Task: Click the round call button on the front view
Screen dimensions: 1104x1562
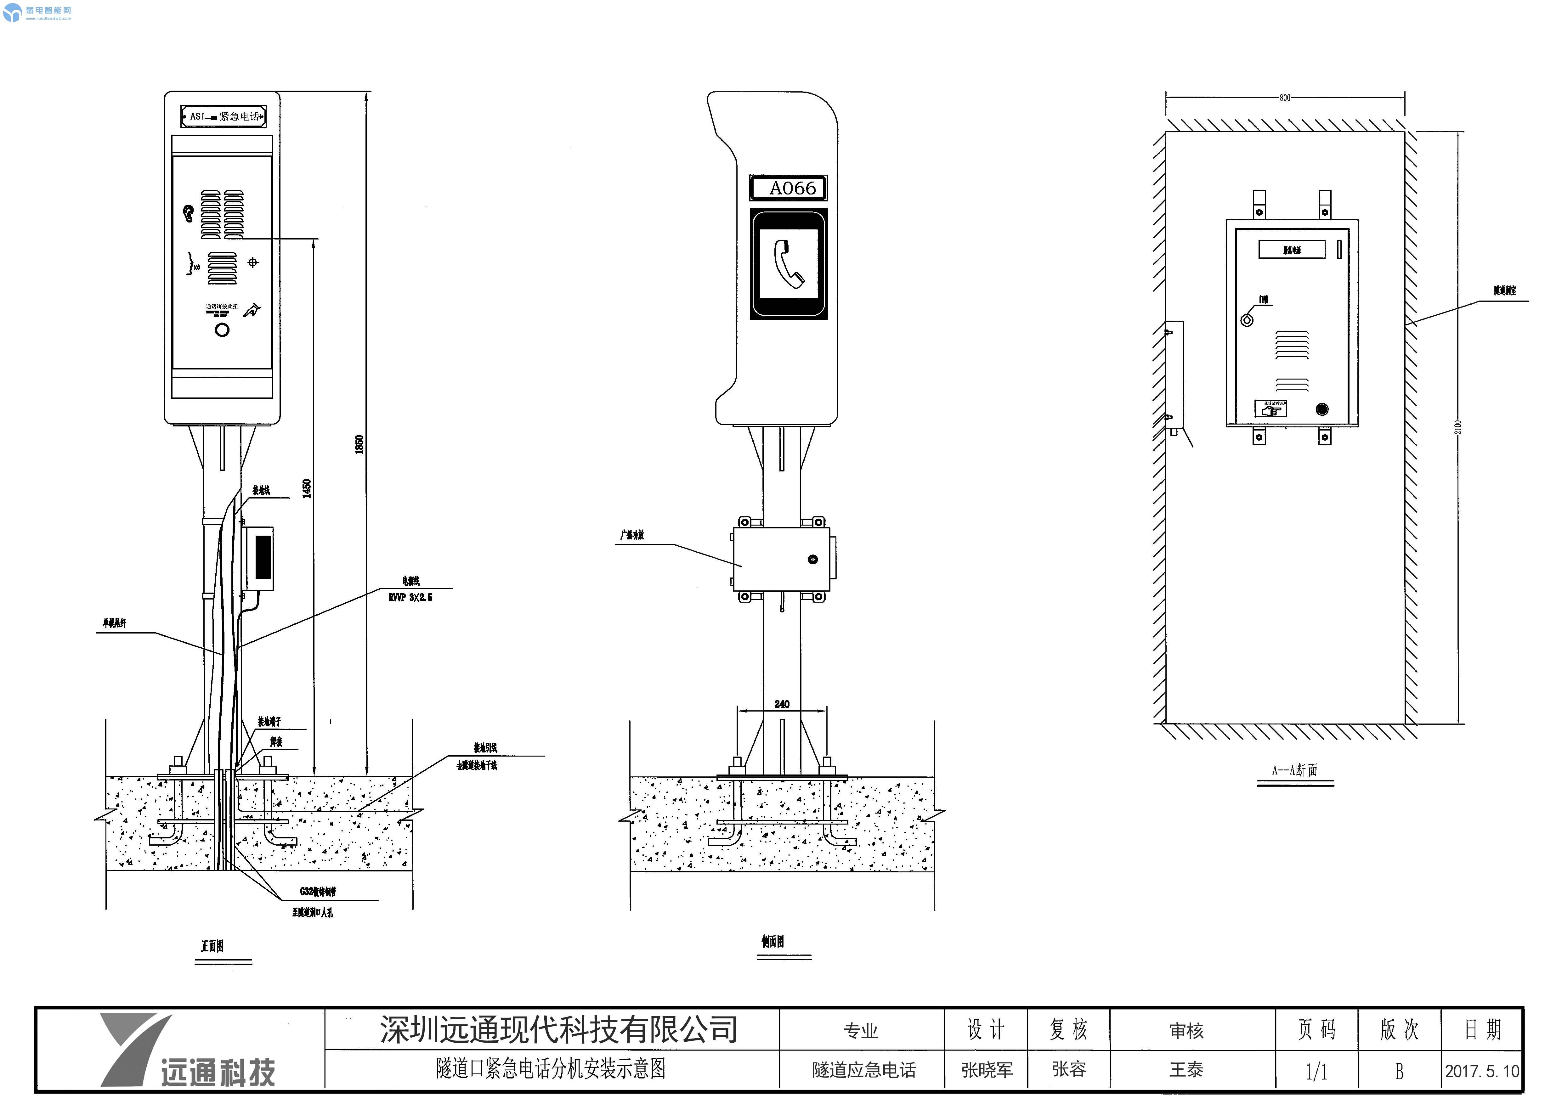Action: (222, 330)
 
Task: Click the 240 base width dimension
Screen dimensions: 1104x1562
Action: (782, 704)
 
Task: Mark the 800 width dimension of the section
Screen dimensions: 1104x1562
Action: (1284, 97)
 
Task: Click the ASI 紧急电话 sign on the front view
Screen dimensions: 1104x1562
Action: (223, 116)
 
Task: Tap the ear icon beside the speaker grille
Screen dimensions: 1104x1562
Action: (189, 213)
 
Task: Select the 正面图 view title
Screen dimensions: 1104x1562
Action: (212, 946)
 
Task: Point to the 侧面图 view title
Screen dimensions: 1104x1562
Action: (773, 941)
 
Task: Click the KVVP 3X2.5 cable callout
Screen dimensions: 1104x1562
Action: (410, 597)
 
